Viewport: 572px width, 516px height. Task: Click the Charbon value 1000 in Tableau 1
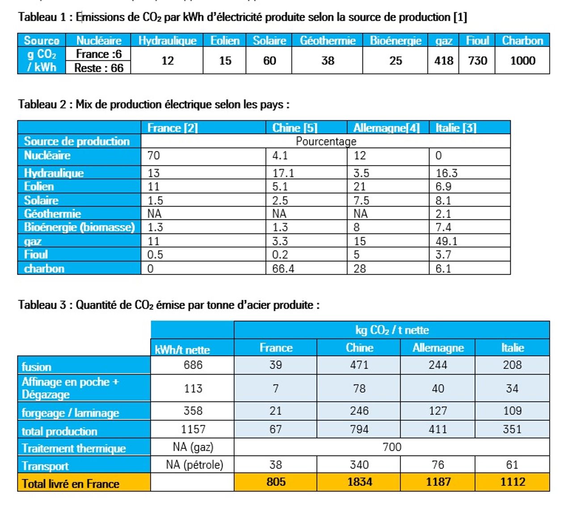tap(522, 60)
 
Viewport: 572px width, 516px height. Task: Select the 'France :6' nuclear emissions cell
tap(99, 54)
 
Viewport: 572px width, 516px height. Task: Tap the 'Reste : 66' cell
tap(99, 68)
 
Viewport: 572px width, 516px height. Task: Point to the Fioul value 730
tap(477, 60)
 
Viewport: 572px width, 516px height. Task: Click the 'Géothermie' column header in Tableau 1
tap(328, 41)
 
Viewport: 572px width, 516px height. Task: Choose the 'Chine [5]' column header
tap(295, 128)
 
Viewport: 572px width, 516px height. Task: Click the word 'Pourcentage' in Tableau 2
tap(326, 141)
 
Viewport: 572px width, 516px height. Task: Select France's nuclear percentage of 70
tap(154, 156)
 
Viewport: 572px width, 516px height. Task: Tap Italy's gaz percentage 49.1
tap(446, 241)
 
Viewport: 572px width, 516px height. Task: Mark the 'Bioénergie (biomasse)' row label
tap(80, 227)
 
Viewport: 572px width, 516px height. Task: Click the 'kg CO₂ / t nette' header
tap(392, 330)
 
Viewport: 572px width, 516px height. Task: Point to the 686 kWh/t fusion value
tap(193, 365)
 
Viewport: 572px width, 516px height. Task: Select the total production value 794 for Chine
tap(359, 429)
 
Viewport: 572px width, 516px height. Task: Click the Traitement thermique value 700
tap(392, 447)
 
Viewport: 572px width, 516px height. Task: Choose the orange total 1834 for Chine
tap(360, 482)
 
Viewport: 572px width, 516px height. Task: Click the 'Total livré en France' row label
tap(71, 484)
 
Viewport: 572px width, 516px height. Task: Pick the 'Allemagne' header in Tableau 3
tap(438, 348)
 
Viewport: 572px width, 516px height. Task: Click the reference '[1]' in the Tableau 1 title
tap(460, 17)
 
